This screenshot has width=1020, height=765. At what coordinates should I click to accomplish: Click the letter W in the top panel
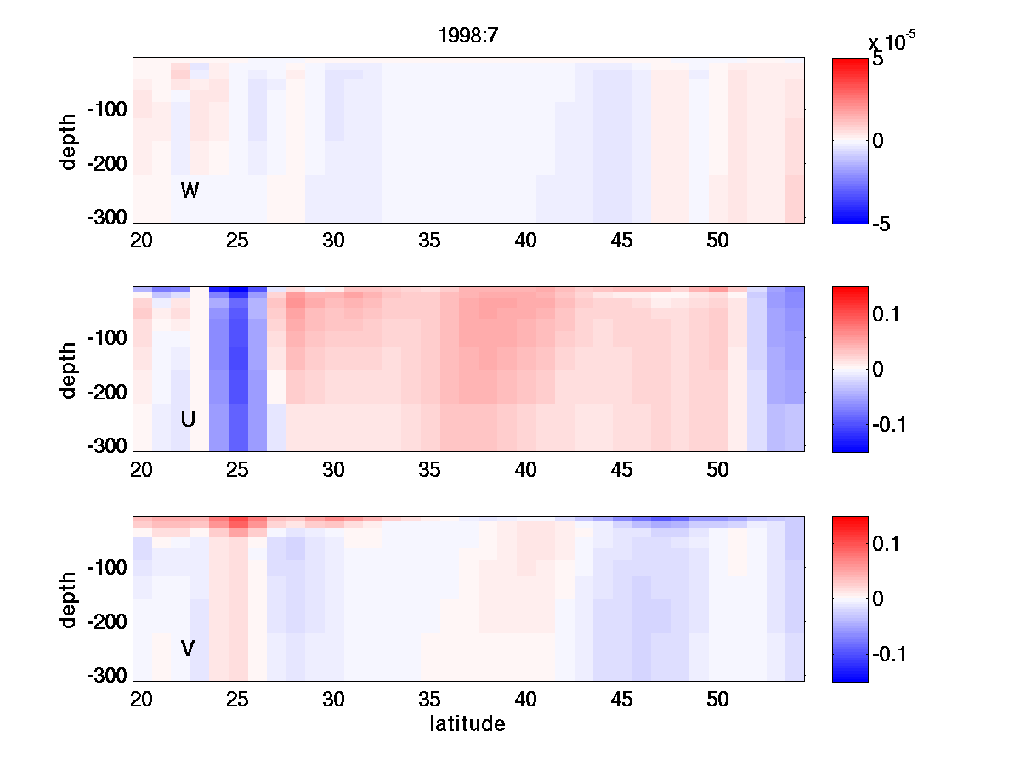point(190,191)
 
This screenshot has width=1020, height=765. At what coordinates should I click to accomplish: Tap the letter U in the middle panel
point(188,419)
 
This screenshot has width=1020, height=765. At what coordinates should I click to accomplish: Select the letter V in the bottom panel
point(188,649)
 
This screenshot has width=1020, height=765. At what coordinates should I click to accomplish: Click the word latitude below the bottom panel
point(467,724)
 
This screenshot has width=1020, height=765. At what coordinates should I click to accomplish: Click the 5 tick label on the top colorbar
point(878,60)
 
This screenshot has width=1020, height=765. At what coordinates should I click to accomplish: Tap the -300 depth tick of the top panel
point(106,218)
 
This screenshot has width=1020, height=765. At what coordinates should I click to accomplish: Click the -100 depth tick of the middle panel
point(106,338)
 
